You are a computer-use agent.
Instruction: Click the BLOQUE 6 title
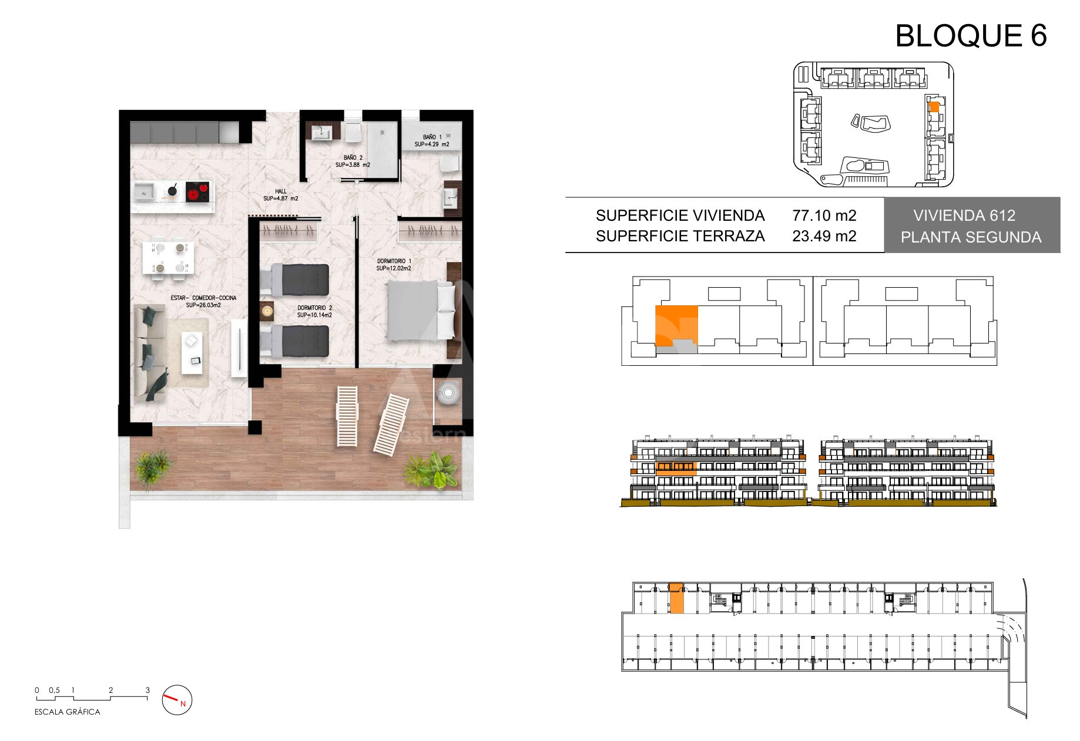(971, 36)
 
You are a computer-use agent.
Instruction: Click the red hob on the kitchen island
(197, 191)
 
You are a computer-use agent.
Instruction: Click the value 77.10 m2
(824, 215)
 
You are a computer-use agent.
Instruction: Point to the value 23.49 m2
(824, 236)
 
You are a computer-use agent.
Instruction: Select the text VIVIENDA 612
(964, 215)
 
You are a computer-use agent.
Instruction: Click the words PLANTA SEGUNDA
(971, 237)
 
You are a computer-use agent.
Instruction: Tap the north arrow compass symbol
(177, 700)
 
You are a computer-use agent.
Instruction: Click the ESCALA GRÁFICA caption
(68, 712)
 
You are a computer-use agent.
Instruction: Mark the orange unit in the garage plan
(676, 598)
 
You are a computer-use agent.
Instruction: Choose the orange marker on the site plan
(933, 107)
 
